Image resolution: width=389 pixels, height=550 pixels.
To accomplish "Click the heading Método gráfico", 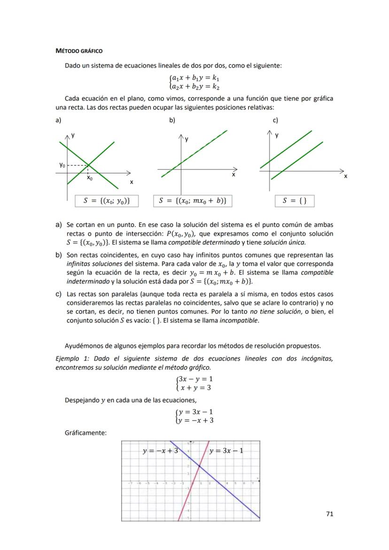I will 79,51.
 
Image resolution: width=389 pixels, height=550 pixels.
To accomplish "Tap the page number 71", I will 329,514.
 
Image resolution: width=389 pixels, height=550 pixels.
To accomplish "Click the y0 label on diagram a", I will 62,165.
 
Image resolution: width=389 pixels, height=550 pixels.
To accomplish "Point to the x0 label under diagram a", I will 90,178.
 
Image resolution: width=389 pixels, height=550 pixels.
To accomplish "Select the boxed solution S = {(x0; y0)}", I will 107,201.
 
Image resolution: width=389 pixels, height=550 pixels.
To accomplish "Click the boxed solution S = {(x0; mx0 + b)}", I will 193,201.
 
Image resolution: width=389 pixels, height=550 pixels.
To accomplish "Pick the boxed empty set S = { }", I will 295,201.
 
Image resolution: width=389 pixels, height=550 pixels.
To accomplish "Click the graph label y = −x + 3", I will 160,451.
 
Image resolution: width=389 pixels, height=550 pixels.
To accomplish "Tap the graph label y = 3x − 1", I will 226,451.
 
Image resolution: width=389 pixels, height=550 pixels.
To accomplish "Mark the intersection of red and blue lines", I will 200,466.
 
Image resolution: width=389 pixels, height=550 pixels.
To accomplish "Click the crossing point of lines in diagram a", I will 90,165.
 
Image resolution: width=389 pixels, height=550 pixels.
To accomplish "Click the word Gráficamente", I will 86,433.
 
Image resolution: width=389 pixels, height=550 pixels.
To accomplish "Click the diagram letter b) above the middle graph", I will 172,120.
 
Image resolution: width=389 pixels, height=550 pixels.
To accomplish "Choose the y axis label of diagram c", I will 277,135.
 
